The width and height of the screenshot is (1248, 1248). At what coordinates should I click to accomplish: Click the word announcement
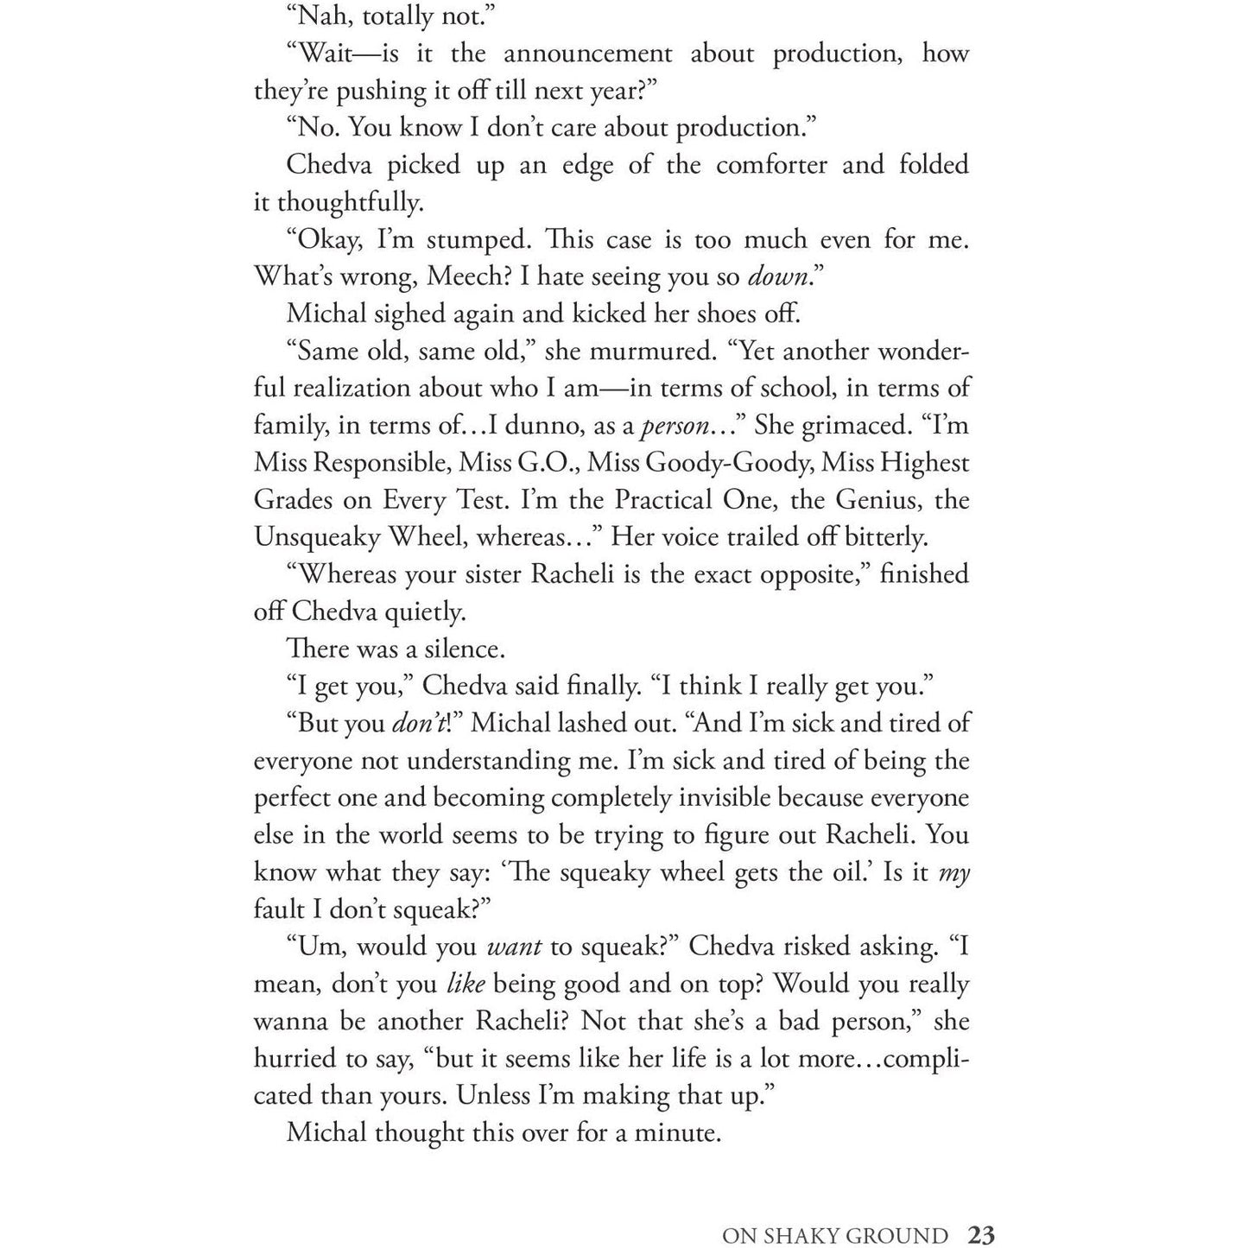tap(587, 54)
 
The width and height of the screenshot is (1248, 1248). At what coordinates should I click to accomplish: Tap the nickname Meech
tap(470, 277)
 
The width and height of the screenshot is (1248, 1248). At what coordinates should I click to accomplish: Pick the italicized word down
tap(777, 277)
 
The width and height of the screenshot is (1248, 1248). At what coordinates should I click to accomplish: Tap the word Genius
tap(875, 500)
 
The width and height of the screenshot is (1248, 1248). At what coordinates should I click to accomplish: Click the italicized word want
tap(514, 947)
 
